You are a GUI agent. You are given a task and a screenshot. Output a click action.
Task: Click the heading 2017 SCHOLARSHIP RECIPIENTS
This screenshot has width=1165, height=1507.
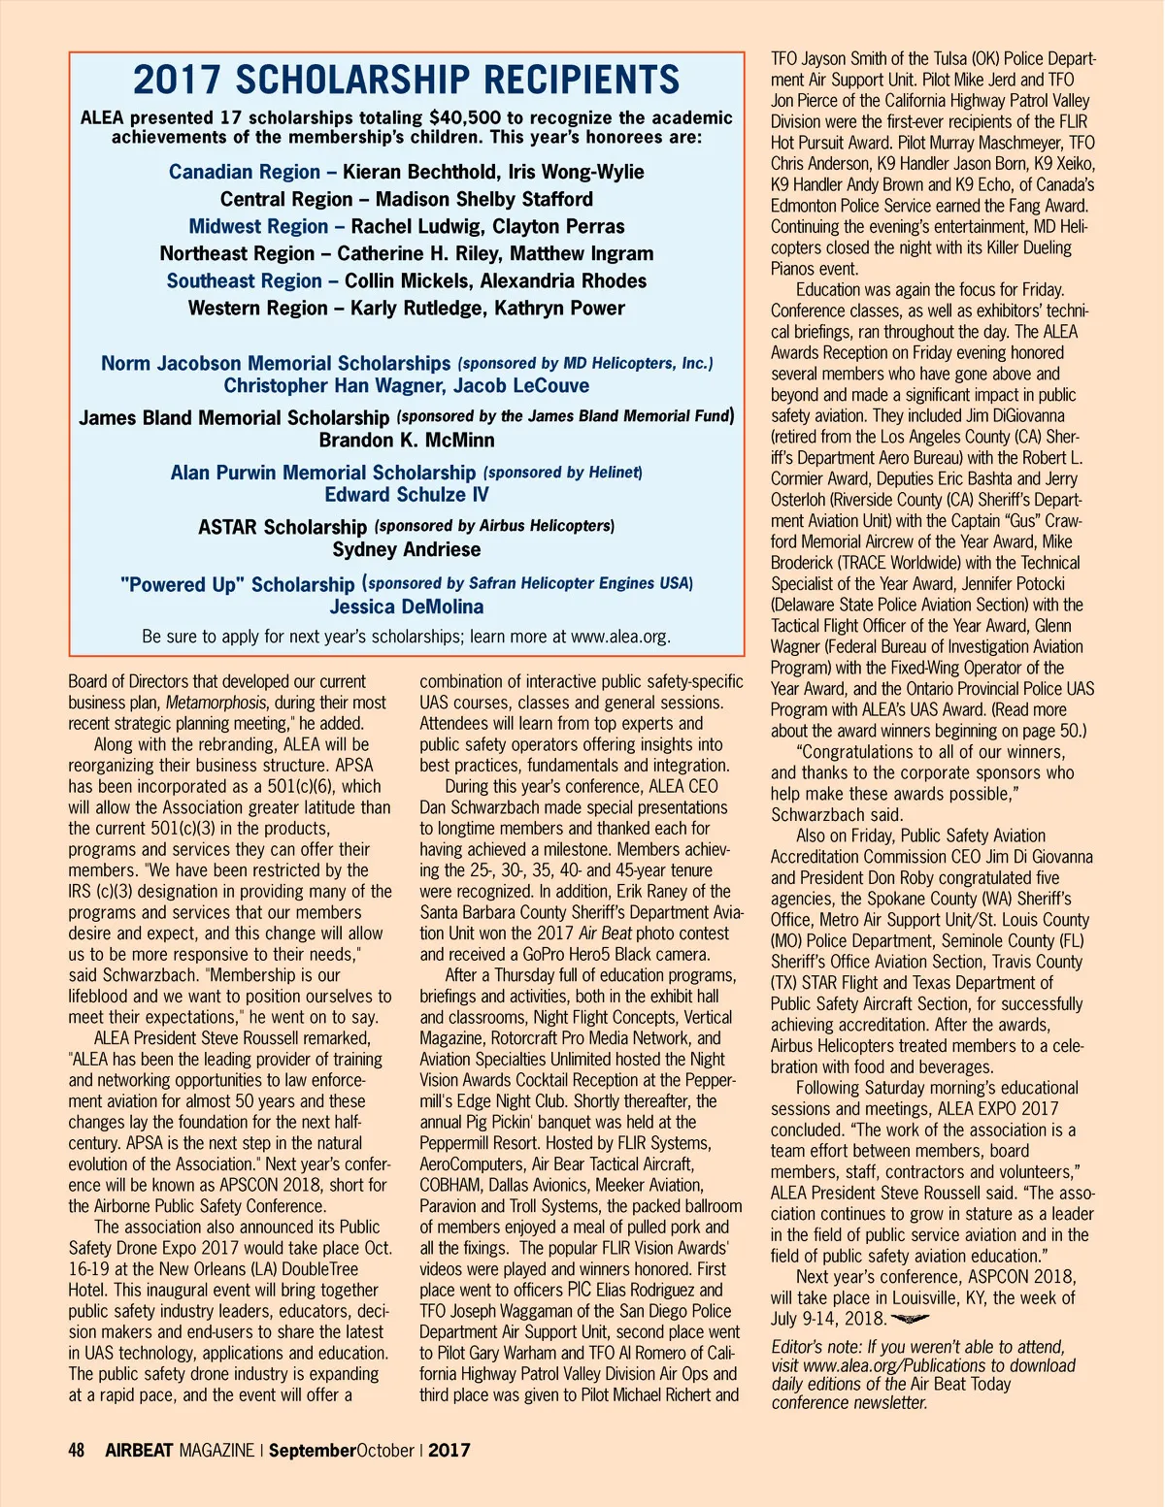click(406, 80)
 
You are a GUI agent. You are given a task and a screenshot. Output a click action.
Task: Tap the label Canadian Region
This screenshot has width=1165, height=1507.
click(244, 172)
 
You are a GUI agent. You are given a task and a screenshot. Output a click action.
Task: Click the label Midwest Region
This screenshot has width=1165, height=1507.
click(258, 226)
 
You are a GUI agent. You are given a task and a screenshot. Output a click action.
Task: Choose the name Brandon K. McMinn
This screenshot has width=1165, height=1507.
click(406, 440)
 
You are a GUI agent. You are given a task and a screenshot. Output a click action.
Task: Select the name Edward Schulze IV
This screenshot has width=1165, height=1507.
click(406, 495)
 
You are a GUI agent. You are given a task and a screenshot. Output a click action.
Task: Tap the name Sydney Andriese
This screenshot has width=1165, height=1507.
click(406, 549)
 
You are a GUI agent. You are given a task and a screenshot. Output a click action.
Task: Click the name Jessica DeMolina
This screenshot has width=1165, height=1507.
click(406, 606)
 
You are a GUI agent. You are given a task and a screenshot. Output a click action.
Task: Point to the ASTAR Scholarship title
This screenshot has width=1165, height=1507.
click(282, 527)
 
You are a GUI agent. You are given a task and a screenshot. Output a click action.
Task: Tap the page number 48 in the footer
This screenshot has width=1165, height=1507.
click(77, 1451)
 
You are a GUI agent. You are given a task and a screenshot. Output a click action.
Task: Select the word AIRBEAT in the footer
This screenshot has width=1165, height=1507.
click(139, 1451)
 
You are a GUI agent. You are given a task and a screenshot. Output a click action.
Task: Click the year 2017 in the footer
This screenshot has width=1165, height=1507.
click(449, 1451)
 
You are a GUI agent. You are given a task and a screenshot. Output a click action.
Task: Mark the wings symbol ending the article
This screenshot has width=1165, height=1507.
click(910, 1319)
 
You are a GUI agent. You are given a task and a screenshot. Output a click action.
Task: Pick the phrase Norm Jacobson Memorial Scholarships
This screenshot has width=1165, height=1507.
click(276, 364)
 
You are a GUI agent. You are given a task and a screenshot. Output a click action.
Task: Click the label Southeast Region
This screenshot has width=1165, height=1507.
click(244, 280)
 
